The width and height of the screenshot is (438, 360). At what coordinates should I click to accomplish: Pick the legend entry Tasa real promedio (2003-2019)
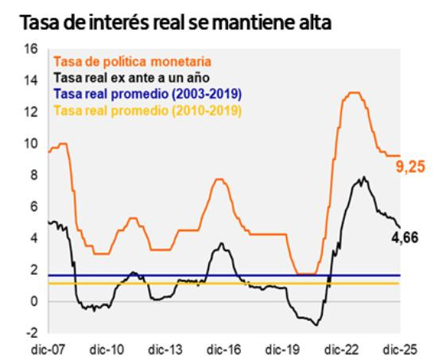click(134, 95)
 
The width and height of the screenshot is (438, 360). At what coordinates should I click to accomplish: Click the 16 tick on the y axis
click(32, 49)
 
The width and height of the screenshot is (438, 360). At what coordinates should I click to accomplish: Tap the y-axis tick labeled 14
click(32, 80)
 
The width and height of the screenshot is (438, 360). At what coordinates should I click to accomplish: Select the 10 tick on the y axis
click(32, 144)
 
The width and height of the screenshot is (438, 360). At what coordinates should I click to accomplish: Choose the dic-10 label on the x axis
click(105, 348)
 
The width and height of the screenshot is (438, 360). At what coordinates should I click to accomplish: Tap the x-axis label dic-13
click(164, 348)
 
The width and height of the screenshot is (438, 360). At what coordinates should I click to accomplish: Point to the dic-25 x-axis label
click(399, 348)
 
